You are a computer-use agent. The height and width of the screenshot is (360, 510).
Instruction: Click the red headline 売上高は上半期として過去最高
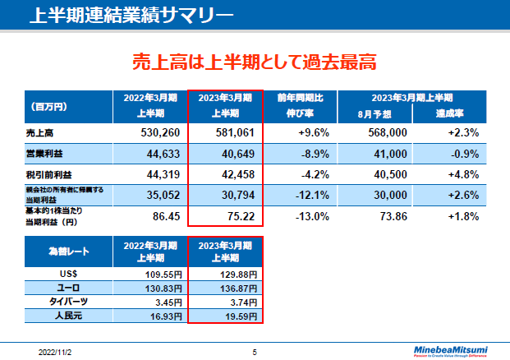(x=255, y=62)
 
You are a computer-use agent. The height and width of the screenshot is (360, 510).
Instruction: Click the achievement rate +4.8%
(x=463, y=174)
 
